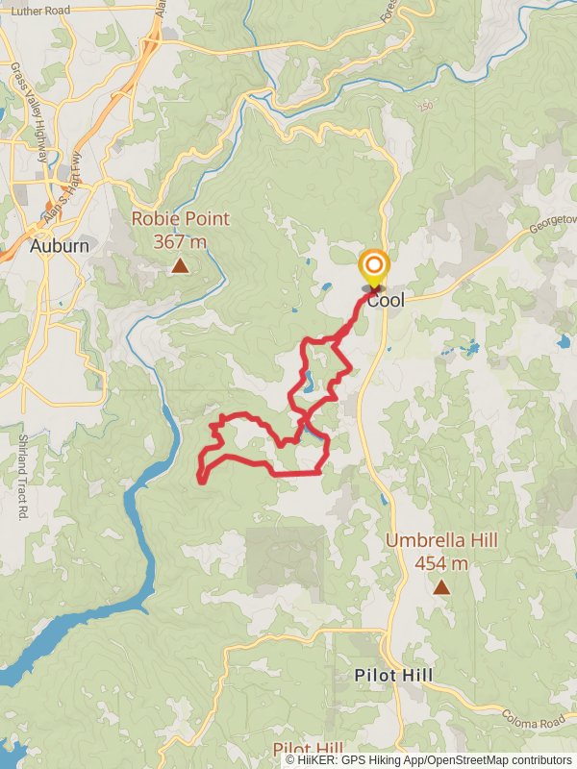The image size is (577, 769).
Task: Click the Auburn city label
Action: (x=60, y=246)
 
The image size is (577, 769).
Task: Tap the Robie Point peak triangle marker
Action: (x=180, y=265)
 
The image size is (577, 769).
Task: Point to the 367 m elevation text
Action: (x=180, y=242)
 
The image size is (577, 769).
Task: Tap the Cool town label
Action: (x=386, y=300)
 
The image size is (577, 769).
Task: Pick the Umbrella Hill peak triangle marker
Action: (x=441, y=586)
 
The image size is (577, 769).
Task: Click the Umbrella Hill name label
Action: (x=441, y=541)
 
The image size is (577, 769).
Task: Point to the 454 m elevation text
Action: (x=441, y=563)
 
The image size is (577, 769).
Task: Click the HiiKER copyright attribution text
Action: (x=429, y=760)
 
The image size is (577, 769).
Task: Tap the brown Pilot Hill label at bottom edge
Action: (x=308, y=749)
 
